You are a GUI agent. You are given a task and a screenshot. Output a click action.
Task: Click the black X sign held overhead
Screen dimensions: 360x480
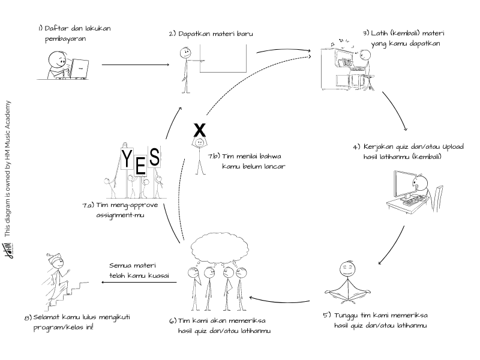(200, 130)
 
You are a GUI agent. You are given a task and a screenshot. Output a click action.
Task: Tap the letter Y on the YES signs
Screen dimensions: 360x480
(127, 158)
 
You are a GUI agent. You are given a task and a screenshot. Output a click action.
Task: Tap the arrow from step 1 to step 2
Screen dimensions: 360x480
(135, 64)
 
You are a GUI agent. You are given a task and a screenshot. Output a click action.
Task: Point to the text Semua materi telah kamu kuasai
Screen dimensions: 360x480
(139, 271)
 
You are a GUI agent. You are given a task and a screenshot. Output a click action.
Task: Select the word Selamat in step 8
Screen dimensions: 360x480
(52, 316)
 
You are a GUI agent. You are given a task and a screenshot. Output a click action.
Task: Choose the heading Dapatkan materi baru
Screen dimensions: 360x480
(214, 34)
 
